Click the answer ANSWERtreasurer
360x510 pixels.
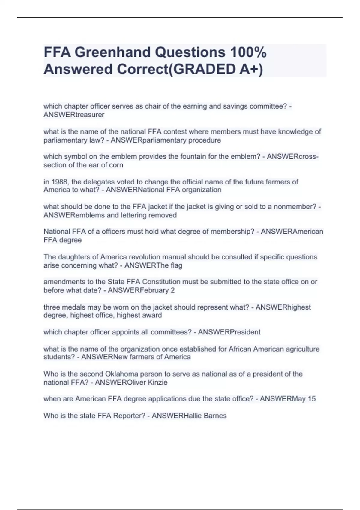coord(74,115)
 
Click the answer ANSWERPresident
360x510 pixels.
coord(229,332)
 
